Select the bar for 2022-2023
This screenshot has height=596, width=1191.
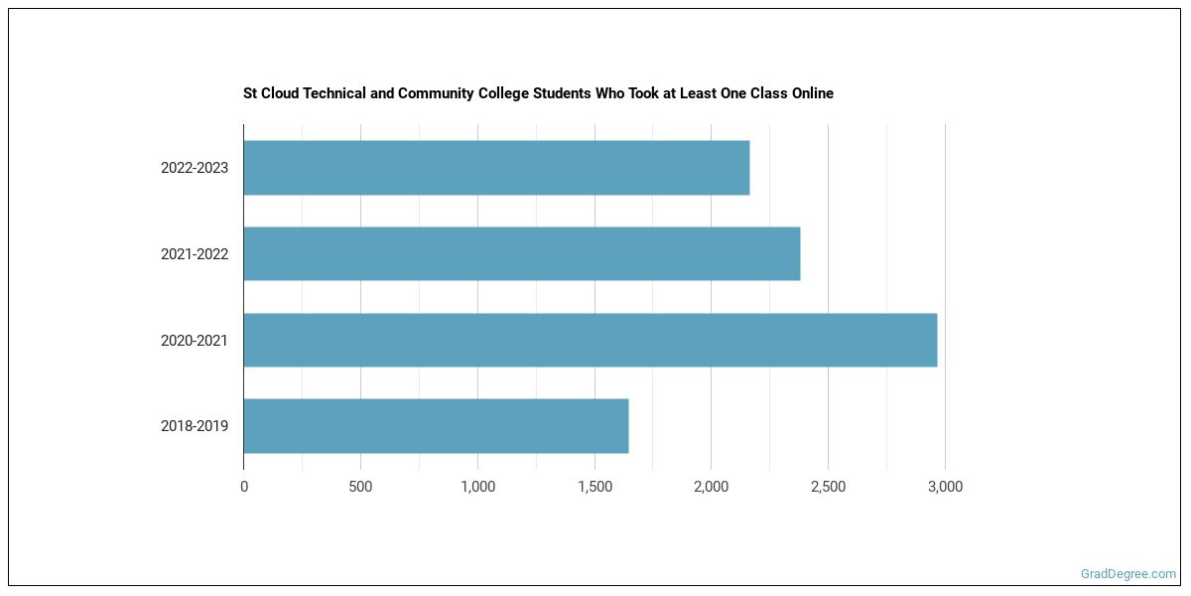coord(496,168)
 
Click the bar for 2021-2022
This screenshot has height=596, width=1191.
coord(521,253)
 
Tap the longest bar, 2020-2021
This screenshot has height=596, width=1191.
coord(590,340)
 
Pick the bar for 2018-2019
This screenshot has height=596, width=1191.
coord(436,426)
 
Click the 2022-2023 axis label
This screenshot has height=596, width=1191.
coord(195,168)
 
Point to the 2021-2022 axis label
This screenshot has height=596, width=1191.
coord(195,254)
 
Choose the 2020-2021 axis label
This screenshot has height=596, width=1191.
coord(195,341)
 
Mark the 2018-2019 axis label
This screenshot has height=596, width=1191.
coord(195,426)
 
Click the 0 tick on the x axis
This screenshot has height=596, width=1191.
coord(244,487)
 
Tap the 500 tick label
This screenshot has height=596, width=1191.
coord(360,487)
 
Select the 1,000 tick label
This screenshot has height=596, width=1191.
coord(477,487)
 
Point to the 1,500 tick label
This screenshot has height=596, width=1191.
coord(595,487)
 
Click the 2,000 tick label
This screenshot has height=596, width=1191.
coord(711,487)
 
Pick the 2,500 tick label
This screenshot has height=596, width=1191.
coord(828,487)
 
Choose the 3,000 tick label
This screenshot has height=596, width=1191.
coord(945,487)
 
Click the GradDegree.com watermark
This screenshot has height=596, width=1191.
coord(1128,573)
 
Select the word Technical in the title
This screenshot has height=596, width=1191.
coord(333,93)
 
